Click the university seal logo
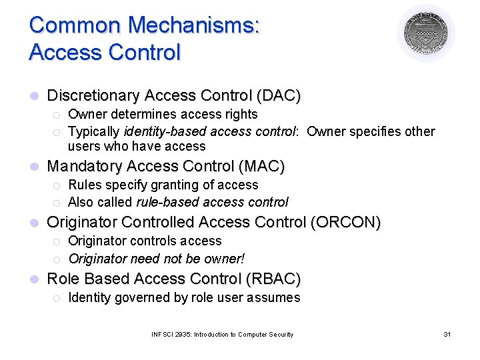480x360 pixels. (425, 33)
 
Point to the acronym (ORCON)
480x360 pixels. (345, 223)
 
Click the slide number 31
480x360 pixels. (447, 334)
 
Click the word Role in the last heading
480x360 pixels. (61, 279)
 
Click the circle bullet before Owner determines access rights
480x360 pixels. (58, 115)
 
